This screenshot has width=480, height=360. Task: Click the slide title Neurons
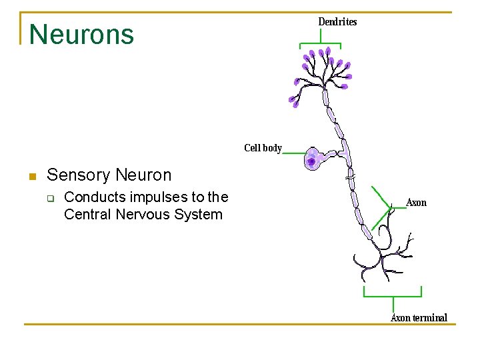[81, 34]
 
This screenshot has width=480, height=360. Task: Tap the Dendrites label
[337, 22]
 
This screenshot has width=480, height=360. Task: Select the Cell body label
[263, 148]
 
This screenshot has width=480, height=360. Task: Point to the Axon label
[416, 203]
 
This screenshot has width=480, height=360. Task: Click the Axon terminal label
[419, 318]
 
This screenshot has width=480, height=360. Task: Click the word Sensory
[79, 175]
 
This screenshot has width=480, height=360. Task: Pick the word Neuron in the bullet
[143, 175]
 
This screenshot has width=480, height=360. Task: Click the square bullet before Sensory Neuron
[31, 177]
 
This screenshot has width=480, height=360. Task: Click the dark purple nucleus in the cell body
[311, 161]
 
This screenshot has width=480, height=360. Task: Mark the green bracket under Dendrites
[320, 44]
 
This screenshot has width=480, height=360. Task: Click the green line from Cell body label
[294, 153]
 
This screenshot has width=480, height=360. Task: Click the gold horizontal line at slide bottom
[240, 325]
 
